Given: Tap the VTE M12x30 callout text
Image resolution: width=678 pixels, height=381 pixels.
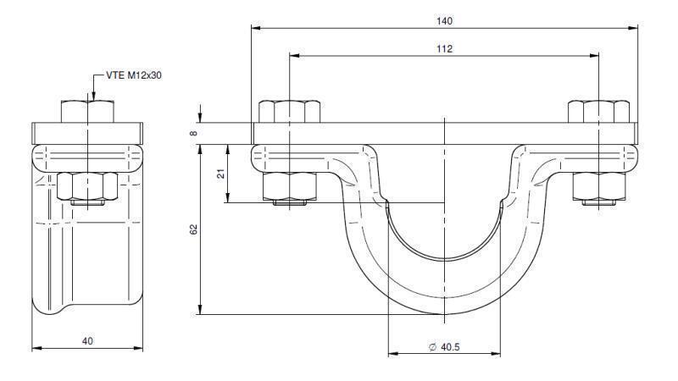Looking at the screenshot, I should pyautogui.click(x=133, y=75).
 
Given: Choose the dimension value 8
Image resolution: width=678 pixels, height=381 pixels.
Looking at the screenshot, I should pyautogui.click(x=194, y=133).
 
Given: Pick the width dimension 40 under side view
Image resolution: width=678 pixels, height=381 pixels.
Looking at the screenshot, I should pyautogui.click(x=87, y=340).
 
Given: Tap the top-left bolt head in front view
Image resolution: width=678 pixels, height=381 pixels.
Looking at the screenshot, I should pyautogui.click(x=289, y=111).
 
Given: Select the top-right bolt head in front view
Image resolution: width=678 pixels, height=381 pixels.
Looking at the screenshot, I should pyautogui.click(x=599, y=111).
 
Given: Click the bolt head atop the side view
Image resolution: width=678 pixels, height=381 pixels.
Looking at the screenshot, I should pyautogui.click(x=87, y=111).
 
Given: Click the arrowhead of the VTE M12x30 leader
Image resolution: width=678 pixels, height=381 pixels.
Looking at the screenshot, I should pyautogui.click(x=87, y=96).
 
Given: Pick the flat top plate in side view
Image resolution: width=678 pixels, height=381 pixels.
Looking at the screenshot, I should pyautogui.click(x=87, y=133).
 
